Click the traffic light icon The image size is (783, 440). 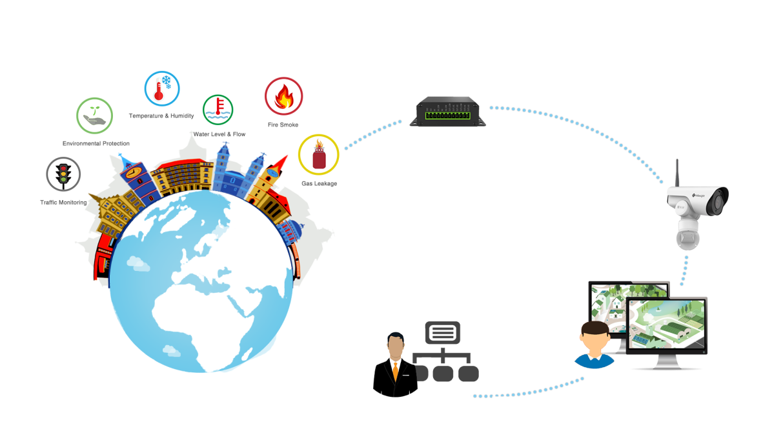point(63,174)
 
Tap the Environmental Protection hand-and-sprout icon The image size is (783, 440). point(94,115)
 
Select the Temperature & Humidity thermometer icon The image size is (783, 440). point(162,88)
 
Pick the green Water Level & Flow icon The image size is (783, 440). point(218,109)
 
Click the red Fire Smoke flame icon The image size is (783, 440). point(283,96)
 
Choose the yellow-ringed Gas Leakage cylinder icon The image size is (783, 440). point(318,155)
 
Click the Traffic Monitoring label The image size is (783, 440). point(63,203)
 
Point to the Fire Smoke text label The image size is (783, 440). point(283,125)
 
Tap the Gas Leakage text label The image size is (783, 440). point(319,184)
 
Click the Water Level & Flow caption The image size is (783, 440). point(219,134)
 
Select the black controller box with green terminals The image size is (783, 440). point(447,112)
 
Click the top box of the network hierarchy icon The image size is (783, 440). point(443,332)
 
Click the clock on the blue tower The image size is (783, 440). point(132,172)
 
